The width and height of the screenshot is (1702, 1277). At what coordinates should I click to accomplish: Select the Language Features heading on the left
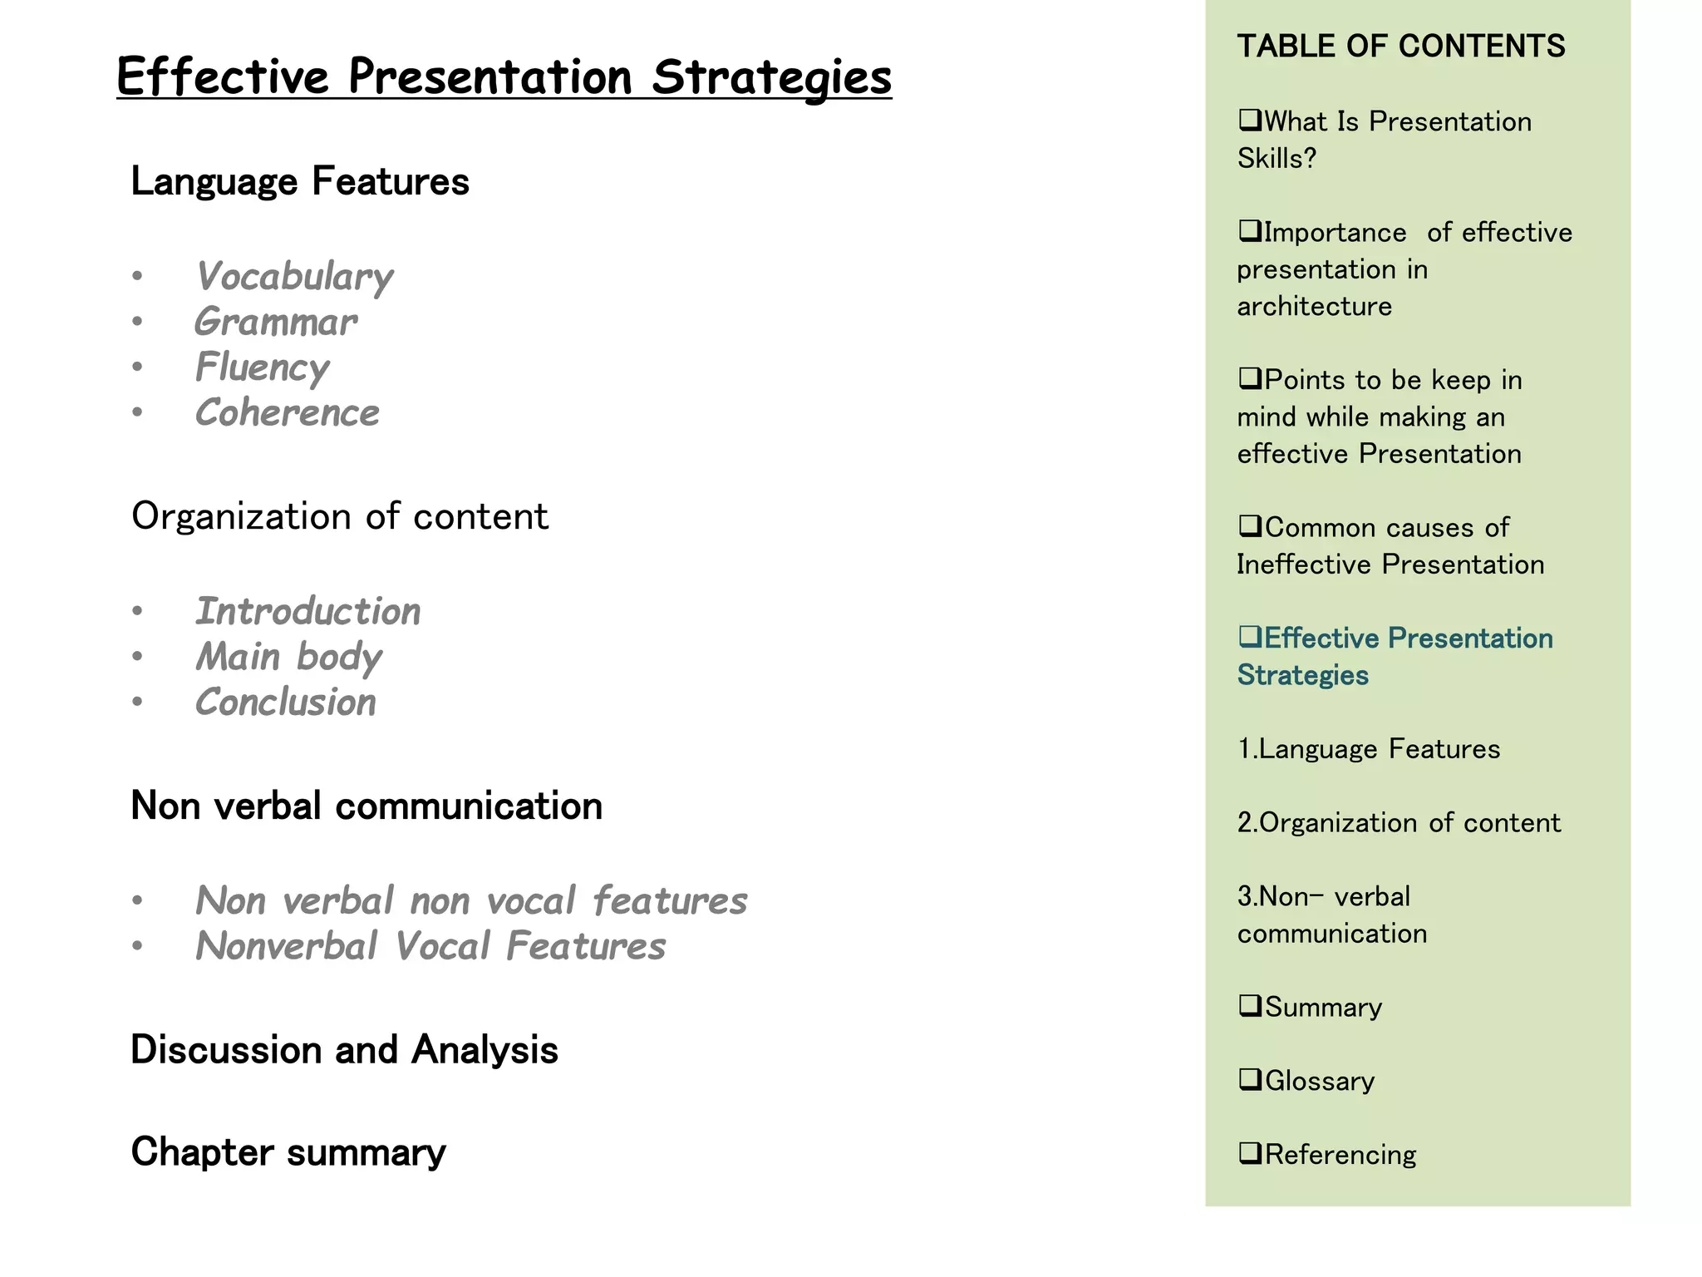300,181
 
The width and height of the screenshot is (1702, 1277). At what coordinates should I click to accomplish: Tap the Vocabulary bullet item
294,277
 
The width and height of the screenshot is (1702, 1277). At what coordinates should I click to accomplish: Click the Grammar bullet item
276,322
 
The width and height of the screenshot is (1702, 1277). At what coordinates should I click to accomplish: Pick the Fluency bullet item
263,367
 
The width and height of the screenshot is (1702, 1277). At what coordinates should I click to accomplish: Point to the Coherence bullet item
288,413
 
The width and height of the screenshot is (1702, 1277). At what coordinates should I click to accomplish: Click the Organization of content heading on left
340,516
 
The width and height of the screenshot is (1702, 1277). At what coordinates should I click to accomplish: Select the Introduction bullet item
308,612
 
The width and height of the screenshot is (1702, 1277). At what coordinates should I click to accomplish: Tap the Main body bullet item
288,657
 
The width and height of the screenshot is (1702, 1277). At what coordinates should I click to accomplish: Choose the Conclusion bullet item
286,703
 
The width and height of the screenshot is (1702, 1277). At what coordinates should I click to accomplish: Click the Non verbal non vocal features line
471,901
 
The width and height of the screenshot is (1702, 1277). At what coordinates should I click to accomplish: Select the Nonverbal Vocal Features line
430,946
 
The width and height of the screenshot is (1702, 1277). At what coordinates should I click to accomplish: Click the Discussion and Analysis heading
344,1050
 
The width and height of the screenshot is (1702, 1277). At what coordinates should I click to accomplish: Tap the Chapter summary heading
288,1152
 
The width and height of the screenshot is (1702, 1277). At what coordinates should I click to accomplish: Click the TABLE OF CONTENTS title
1401,47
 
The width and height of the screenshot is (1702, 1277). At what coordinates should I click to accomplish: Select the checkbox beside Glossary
1249,1079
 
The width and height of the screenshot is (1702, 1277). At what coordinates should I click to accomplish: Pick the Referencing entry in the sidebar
1340,1155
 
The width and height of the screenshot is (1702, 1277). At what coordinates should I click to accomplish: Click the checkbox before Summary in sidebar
1249,1005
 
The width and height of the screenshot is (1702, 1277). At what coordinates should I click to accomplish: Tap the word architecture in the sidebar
1314,307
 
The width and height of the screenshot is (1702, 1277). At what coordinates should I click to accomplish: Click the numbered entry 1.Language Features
1369,749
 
